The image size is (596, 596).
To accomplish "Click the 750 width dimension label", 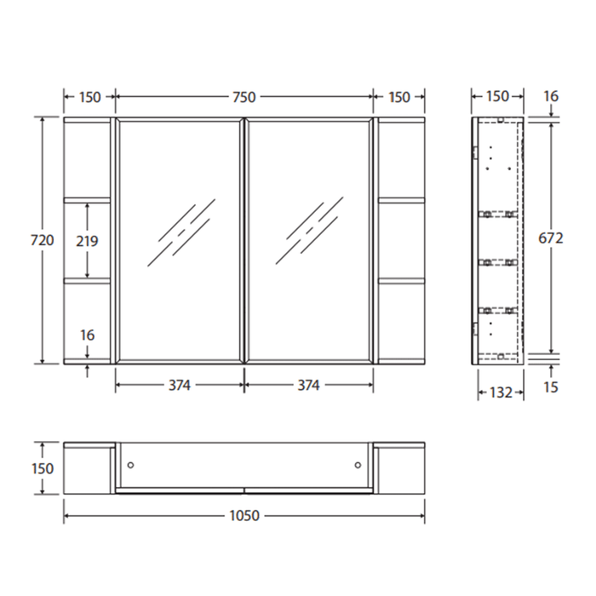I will (244, 97).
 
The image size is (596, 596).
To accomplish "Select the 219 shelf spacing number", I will (87, 241).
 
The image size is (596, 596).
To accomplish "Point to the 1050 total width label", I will (244, 516).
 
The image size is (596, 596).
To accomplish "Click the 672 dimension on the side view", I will (551, 239).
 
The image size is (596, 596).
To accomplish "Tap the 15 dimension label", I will (552, 388).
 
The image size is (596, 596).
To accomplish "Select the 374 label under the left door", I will (179, 385).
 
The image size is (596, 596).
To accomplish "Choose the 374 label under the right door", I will (308, 385).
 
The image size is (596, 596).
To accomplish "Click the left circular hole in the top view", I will (130, 465).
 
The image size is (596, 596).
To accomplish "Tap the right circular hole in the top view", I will (358, 465).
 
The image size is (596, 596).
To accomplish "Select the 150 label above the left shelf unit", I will (89, 97).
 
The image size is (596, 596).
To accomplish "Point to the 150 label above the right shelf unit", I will (398, 97).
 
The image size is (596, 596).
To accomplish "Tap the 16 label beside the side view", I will (551, 96).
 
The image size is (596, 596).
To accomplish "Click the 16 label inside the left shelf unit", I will (87, 335).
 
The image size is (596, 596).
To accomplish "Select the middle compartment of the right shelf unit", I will (402, 241).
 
